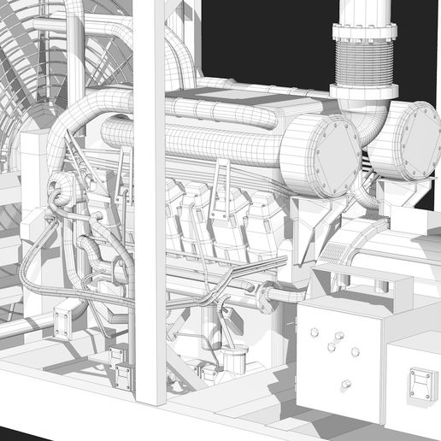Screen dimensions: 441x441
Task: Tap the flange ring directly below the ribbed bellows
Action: coord(365,91)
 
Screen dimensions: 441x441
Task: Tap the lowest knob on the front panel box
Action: coord(346,383)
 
